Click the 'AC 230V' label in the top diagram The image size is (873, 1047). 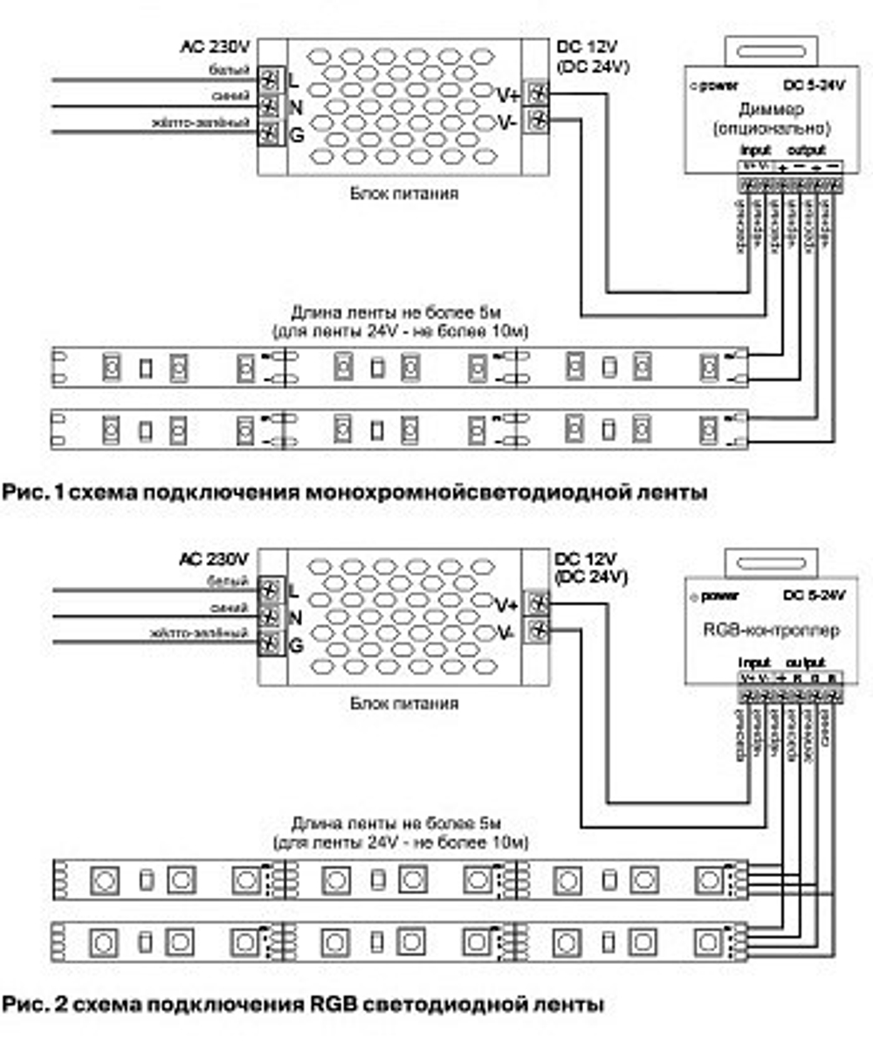coord(215,49)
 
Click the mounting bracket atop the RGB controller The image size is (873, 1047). coord(768,556)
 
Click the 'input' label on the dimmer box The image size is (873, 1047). coord(756,150)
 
